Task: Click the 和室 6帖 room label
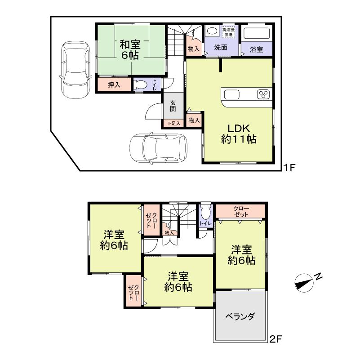pos(129,50)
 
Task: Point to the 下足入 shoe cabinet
pos(173,123)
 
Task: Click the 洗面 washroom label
pos(220,48)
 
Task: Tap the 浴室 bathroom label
pos(257,48)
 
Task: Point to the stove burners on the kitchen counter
pos(262,94)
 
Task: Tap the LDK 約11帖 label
pos(239,133)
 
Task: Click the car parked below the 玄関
pos(159,147)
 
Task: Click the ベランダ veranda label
pos(240,316)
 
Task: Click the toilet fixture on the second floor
pos(205,213)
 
